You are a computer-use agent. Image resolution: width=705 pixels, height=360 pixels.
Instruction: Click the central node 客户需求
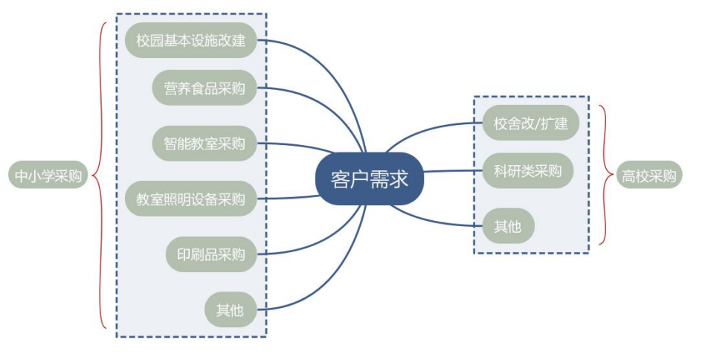tap(370, 179)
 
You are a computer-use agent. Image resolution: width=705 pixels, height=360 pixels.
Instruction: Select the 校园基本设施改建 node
tap(191, 40)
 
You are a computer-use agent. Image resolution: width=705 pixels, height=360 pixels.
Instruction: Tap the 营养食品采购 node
tap(205, 89)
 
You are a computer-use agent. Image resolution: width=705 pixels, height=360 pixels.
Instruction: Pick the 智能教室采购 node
tap(205, 143)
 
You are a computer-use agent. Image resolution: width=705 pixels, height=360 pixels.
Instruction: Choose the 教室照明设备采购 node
tap(191, 199)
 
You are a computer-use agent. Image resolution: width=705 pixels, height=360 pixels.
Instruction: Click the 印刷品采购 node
tap(211, 254)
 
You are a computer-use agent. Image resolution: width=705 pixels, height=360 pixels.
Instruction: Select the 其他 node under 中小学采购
tap(230, 310)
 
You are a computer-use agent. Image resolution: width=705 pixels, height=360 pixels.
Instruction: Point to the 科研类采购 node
tap(528, 170)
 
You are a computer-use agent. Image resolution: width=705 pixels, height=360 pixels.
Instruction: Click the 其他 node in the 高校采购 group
tap(508, 226)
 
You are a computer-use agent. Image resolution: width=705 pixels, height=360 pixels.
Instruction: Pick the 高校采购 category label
tap(649, 176)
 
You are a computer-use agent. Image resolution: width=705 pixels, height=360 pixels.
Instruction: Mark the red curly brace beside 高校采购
tap(606, 176)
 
